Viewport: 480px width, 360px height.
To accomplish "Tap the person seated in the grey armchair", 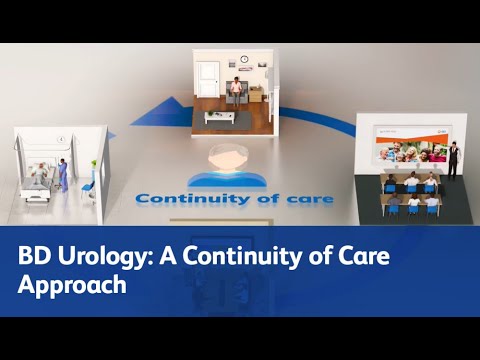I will [237, 91].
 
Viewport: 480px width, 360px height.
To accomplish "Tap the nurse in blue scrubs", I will [62, 175].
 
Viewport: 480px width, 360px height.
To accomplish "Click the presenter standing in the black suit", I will [452, 158].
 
